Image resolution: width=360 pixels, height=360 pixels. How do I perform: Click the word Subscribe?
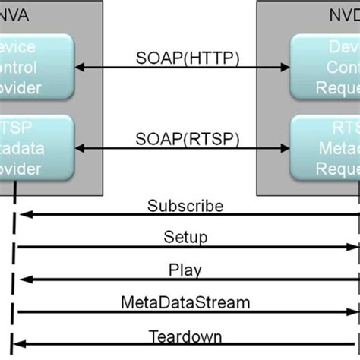click(x=185, y=205)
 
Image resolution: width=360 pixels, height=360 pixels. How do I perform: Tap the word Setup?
click(x=185, y=237)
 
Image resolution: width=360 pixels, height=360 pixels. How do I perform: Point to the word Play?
click(x=185, y=269)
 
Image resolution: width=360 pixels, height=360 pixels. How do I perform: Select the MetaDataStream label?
click(x=185, y=302)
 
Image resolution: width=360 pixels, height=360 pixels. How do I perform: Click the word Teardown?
click(x=185, y=334)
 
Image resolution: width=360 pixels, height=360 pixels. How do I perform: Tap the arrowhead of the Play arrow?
click(x=21, y=279)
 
